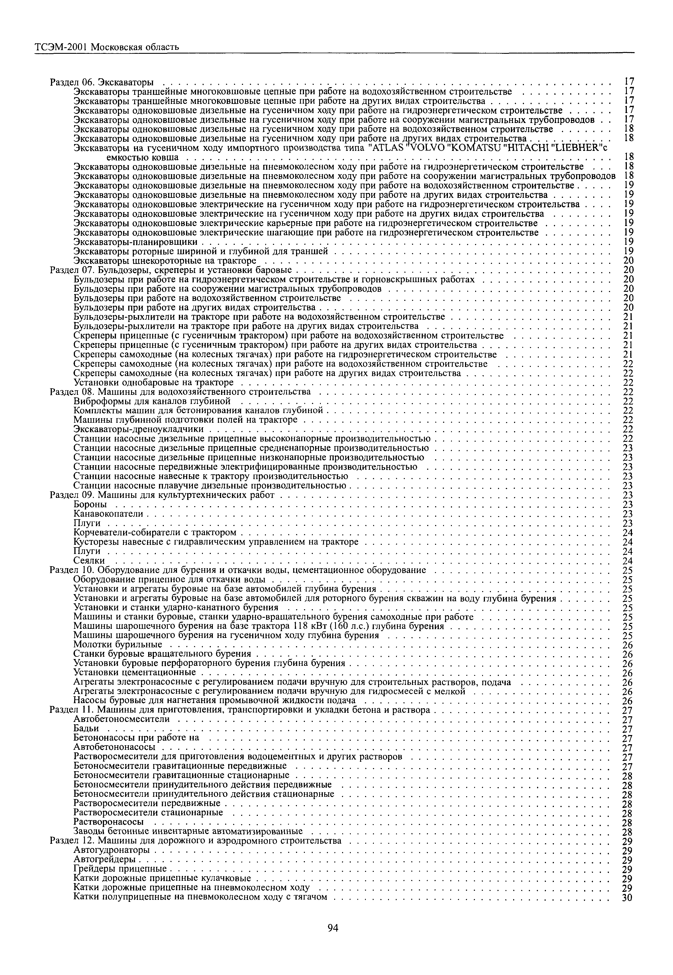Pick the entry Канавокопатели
(108, 514)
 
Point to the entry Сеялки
(89, 561)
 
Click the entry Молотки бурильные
(118, 645)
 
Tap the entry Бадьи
(86, 728)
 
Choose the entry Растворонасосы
(108, 822)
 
